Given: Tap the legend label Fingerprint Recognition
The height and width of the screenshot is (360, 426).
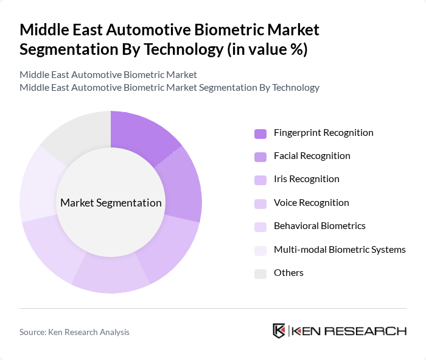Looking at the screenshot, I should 323,133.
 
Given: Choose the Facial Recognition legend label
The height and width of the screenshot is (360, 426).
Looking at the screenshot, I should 312,156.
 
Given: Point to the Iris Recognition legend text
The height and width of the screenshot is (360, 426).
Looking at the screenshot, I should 306,179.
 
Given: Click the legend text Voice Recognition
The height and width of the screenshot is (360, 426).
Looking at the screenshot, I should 311,203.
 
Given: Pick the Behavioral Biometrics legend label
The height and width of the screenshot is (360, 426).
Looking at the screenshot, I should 319,226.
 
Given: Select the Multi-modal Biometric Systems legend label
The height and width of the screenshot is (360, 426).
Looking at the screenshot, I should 340,249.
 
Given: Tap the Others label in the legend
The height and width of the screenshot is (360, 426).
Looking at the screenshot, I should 288,273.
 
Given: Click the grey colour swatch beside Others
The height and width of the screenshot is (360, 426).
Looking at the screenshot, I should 260,274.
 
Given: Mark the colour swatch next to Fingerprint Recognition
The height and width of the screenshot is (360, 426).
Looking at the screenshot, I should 260,133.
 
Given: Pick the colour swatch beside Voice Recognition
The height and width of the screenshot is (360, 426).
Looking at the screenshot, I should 260,203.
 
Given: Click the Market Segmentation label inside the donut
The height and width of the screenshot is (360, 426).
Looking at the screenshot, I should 111,203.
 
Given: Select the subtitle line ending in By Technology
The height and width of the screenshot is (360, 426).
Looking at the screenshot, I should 169,87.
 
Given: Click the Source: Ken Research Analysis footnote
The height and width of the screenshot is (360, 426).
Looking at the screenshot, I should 74,332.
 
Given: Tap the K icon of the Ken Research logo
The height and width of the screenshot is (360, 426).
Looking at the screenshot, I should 279,331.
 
